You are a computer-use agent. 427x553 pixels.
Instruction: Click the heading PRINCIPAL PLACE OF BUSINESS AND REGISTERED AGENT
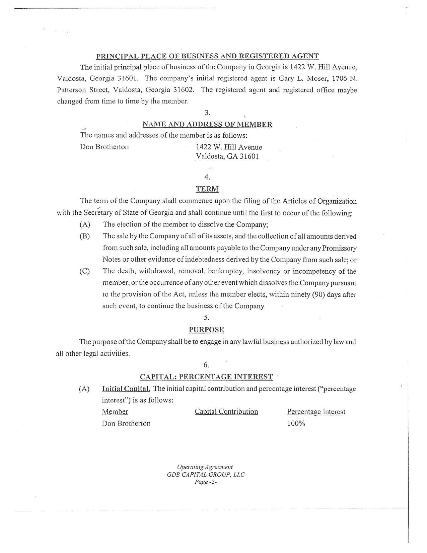click(x=207, y=56)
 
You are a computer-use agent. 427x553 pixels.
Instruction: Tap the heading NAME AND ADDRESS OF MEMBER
click(x=207, y=124)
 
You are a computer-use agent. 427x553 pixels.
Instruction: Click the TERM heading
click(x=207, y=189)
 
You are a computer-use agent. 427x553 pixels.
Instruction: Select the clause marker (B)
click(x=85, y=236)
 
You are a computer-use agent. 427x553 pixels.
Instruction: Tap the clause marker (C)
click(x=85, y=271)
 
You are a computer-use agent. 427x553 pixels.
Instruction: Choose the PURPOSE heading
click(x=206, y=330)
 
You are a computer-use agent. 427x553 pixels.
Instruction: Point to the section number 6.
click(x=206, y=365)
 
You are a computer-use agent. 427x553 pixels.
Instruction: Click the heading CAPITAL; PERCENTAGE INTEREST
click(x=206, y=377)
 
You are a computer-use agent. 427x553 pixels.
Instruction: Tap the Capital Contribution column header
click(x=226, y=412)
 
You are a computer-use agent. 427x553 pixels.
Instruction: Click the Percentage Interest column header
click(x=316, y=412)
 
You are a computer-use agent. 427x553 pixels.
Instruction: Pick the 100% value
click(x=296, y=423)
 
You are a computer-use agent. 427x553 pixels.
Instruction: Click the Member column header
click(x=115, y=412)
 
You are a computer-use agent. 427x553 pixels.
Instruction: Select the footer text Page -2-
click(x=206, y=482)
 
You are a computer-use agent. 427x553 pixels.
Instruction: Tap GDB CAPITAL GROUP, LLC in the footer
click(x=206, y=475)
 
